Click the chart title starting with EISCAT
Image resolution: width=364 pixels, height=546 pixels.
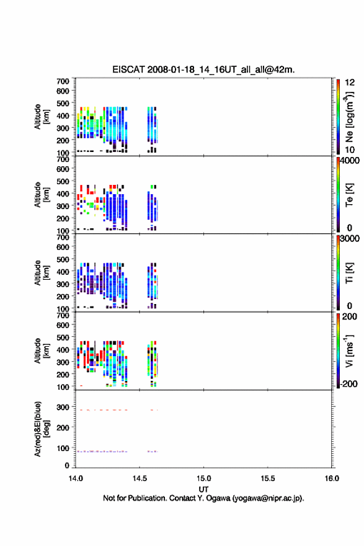(203, 69)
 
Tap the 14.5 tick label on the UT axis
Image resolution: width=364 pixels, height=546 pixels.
(140, 478)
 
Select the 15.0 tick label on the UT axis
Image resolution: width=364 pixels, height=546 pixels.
(203, 478)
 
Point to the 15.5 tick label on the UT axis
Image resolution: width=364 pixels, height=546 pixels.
(268, 478)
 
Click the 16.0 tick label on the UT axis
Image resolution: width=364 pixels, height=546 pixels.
(332, 478)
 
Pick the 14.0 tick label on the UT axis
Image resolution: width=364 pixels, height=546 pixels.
(76, 478)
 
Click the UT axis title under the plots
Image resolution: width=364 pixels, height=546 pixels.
(203, 490)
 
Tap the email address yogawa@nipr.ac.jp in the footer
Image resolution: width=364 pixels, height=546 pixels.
(267, 498)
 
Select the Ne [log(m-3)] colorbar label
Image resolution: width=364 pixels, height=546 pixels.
(349, 117)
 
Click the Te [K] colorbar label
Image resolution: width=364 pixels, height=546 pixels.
(349, 195)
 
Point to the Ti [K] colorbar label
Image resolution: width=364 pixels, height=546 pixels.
(349, 273)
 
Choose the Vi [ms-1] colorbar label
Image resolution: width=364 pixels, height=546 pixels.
(349, 351)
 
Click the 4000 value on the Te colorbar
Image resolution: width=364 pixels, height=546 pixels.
(350, 161)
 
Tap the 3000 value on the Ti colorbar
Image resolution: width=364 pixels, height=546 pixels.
(350, 238)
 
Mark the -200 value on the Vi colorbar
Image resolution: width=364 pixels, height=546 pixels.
(348, 383)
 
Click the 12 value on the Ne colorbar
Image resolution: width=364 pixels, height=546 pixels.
(350, 83)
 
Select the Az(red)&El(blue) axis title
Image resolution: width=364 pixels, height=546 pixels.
(42, 429)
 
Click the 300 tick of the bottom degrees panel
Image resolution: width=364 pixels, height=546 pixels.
(63, 407)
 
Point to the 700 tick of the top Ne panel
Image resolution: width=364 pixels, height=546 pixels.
(63, 81)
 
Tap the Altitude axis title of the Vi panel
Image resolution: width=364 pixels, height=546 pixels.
(42, 351)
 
